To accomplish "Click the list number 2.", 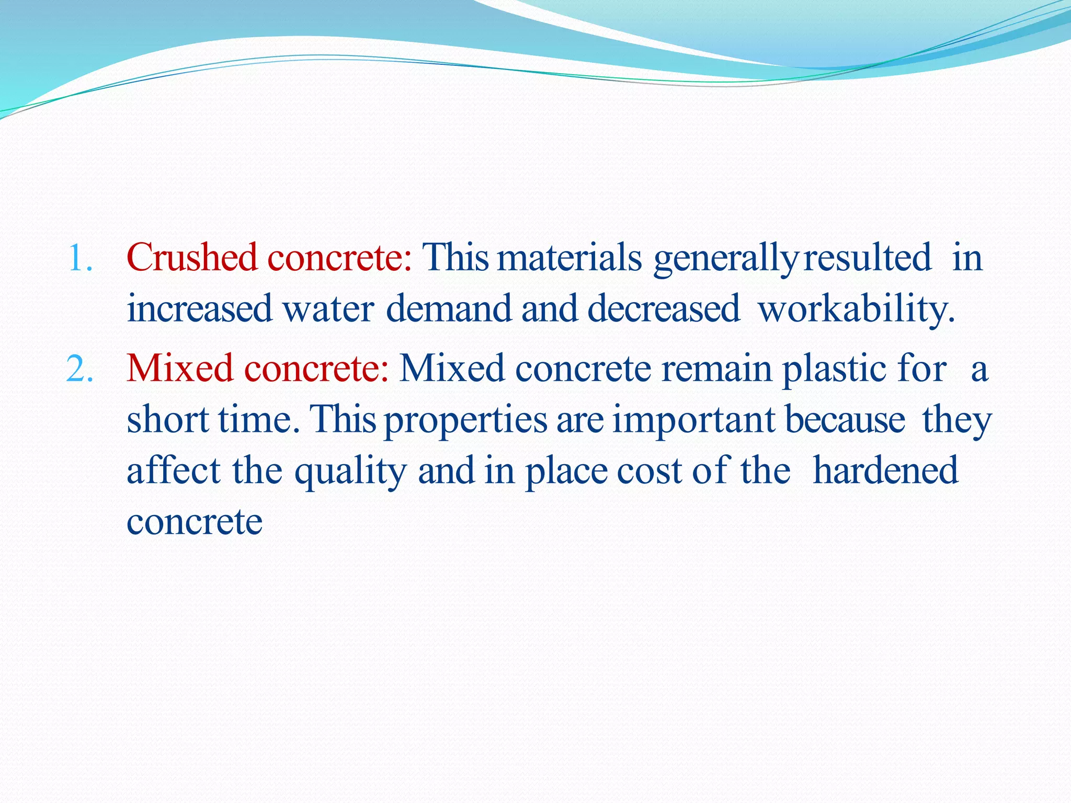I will click(x=79, y=368).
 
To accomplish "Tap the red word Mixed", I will click(x=179, y=368).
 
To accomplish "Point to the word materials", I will click(x=569, y=258).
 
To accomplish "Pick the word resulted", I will click(x=867, y=258).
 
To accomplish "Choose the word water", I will click(x=328, y=308).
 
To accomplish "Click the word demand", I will click(x=449, y=308).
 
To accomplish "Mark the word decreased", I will click(x=664, y=308).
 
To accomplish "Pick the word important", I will click(x=693, y=420).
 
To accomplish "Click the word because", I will click(x=845, y=419).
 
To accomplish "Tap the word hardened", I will click(x=885, y=470).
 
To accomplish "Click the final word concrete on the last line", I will click(x=195, y=522).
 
